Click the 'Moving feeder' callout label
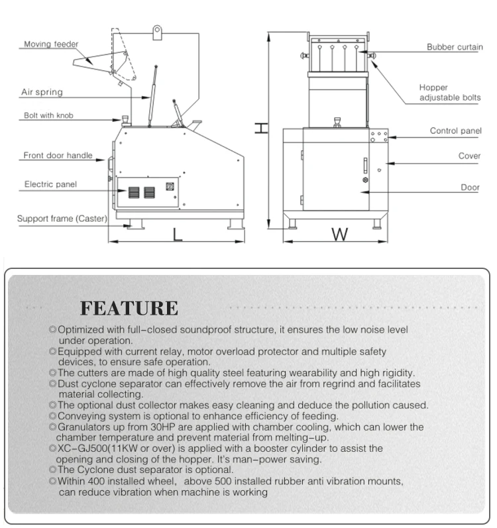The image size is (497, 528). tap(51, 44)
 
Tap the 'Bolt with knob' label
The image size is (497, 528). tap(48, 115)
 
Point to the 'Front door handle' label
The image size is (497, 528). tap(58, 156)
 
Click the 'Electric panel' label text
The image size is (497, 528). tap(50, 184)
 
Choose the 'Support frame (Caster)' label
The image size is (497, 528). tap(62, 218)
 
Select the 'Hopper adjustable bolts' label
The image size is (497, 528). tap(449, 93)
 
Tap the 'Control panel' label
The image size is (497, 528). tap(455, 131)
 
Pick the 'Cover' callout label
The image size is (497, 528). tap(469, 156)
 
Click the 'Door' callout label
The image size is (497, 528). tap(470, 187)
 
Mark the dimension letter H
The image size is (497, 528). tap(262, 128)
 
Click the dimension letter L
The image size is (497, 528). tap(177, 235)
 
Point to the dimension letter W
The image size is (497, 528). tap(339, 235)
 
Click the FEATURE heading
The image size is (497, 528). tap(129, 308)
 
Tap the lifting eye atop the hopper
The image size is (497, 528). tap(158, 30)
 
